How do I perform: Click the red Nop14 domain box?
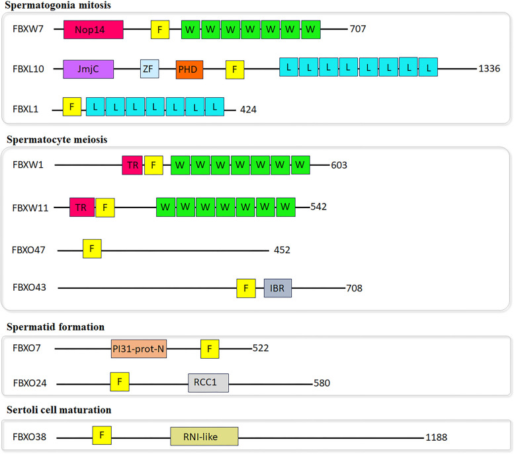point(93,29)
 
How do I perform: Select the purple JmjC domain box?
point(88,69)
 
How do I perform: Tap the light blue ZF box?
point(150,69)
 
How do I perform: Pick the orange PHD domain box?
point(190,69)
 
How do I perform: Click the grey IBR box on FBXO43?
point(278,287)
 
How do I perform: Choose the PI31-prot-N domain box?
point(139,348)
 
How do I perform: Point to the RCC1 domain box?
point(208,383)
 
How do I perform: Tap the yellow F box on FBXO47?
point(92,249)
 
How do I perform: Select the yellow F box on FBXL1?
point(72,107)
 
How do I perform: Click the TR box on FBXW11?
point(81,208)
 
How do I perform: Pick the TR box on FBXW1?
point(132,165)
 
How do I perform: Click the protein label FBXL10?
point(28,69)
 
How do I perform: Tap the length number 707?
point(358,29)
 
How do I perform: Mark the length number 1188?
point(441,437)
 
